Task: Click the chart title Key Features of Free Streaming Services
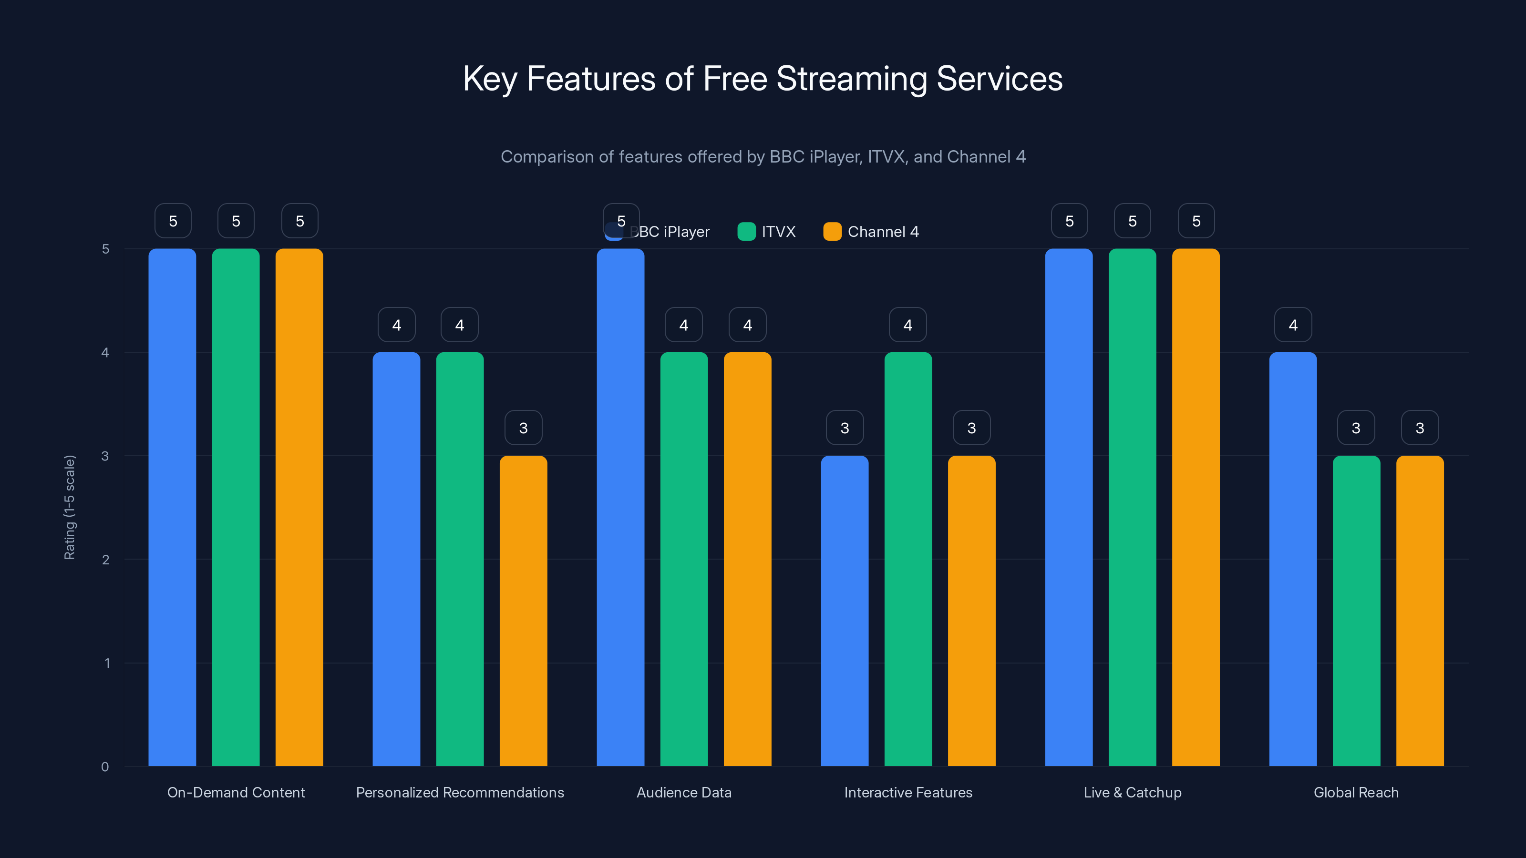point(763,79)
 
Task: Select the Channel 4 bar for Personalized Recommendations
point(523,610)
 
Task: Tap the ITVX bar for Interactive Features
point(907,559)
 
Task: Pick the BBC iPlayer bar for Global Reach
point(1293,559)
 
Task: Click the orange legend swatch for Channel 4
point(832,232)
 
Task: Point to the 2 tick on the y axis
point(105,560)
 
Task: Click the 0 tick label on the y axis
point(105,767)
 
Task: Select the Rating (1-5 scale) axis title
point(69,507)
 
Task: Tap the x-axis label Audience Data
point(684,792)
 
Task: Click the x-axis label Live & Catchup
point(1132,792)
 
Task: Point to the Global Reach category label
point(1355,792)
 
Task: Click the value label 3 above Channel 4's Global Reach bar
point(1419,428)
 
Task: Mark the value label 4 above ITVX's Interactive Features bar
point(907,325)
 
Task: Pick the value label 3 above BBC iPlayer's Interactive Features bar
point(845,428)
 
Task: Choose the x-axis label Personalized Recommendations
point(460,792)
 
